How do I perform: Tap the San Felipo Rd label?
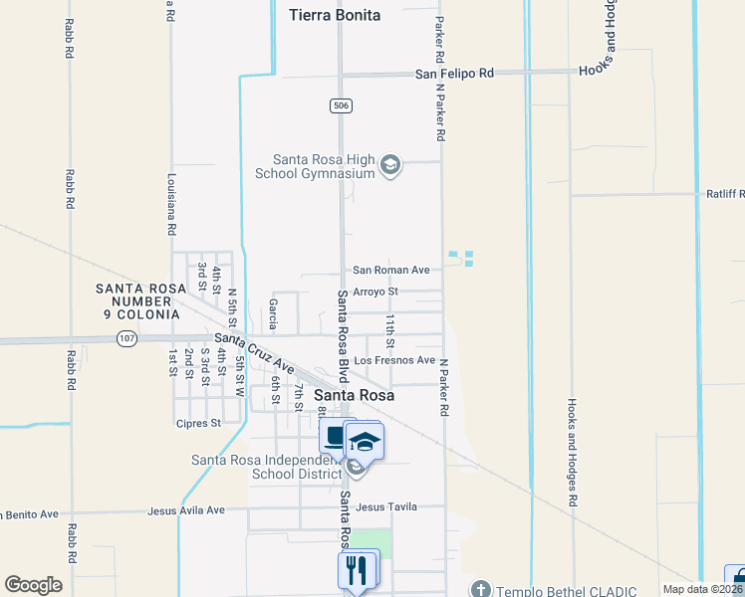pos(455,74)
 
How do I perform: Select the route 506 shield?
pos(341,104)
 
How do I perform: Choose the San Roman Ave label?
pos(391,270)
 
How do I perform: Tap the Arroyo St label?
pos(375,292)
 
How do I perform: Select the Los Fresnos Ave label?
pos(395,359)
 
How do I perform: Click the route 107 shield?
pos(125,338)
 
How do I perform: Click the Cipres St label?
pos(200,423)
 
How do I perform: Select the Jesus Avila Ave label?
pos(186,510)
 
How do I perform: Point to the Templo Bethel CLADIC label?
pos(564,589)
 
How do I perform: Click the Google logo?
pos(33,585)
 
